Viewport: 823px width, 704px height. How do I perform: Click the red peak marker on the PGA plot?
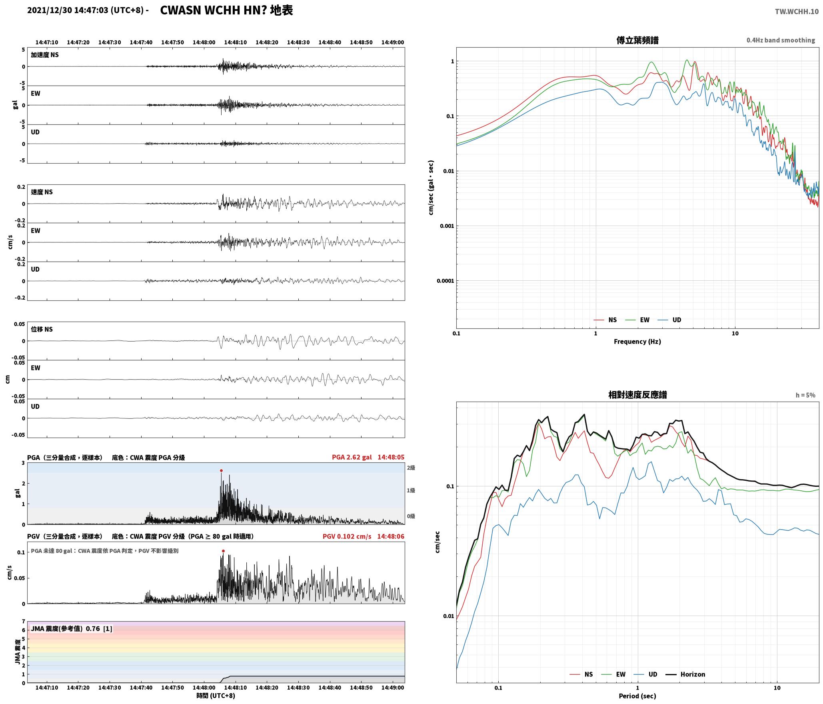point(221,470)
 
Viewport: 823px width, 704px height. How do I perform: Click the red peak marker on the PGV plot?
point(223,551)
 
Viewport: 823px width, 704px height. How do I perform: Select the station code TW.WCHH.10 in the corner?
point(797,12)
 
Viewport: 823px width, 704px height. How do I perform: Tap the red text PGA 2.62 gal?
point(352,457)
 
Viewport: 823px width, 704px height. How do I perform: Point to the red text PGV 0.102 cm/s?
point(347,536)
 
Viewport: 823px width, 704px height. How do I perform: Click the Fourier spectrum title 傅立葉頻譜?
point(637,40)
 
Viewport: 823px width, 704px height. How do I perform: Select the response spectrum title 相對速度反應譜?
point(637,395)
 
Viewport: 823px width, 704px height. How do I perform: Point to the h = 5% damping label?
point(805,395)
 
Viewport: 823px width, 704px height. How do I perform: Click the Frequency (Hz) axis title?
point(637,341)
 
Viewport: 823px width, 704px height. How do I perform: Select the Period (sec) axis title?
point(637,696)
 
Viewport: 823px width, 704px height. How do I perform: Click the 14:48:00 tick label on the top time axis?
point(204,42)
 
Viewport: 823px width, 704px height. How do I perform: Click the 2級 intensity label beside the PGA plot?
point(411,468)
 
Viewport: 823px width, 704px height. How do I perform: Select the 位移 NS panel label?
point(42,329)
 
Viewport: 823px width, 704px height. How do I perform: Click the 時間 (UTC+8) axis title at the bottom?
point(216,696)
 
